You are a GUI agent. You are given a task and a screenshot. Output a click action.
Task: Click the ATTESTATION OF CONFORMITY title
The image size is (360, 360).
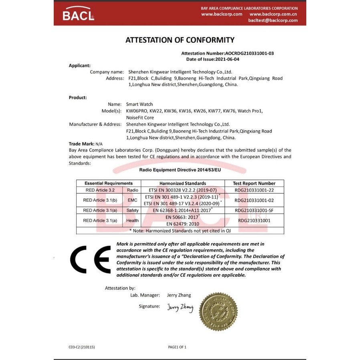click(180, 40)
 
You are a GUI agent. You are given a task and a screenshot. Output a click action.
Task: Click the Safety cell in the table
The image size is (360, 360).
click(132, 210)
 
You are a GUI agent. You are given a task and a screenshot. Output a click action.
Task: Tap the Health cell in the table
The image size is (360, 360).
click(132, 220)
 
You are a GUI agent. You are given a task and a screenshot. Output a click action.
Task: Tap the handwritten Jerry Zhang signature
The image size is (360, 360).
click(180, 308)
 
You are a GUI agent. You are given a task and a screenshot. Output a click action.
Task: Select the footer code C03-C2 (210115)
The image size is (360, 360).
click(82, 347)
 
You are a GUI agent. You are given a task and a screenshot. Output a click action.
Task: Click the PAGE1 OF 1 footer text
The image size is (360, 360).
click(178, 347)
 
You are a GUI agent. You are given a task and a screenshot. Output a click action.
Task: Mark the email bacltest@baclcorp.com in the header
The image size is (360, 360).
click(273, 20)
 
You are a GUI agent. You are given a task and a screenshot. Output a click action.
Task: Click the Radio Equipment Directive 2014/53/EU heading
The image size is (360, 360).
click(180, 170)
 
